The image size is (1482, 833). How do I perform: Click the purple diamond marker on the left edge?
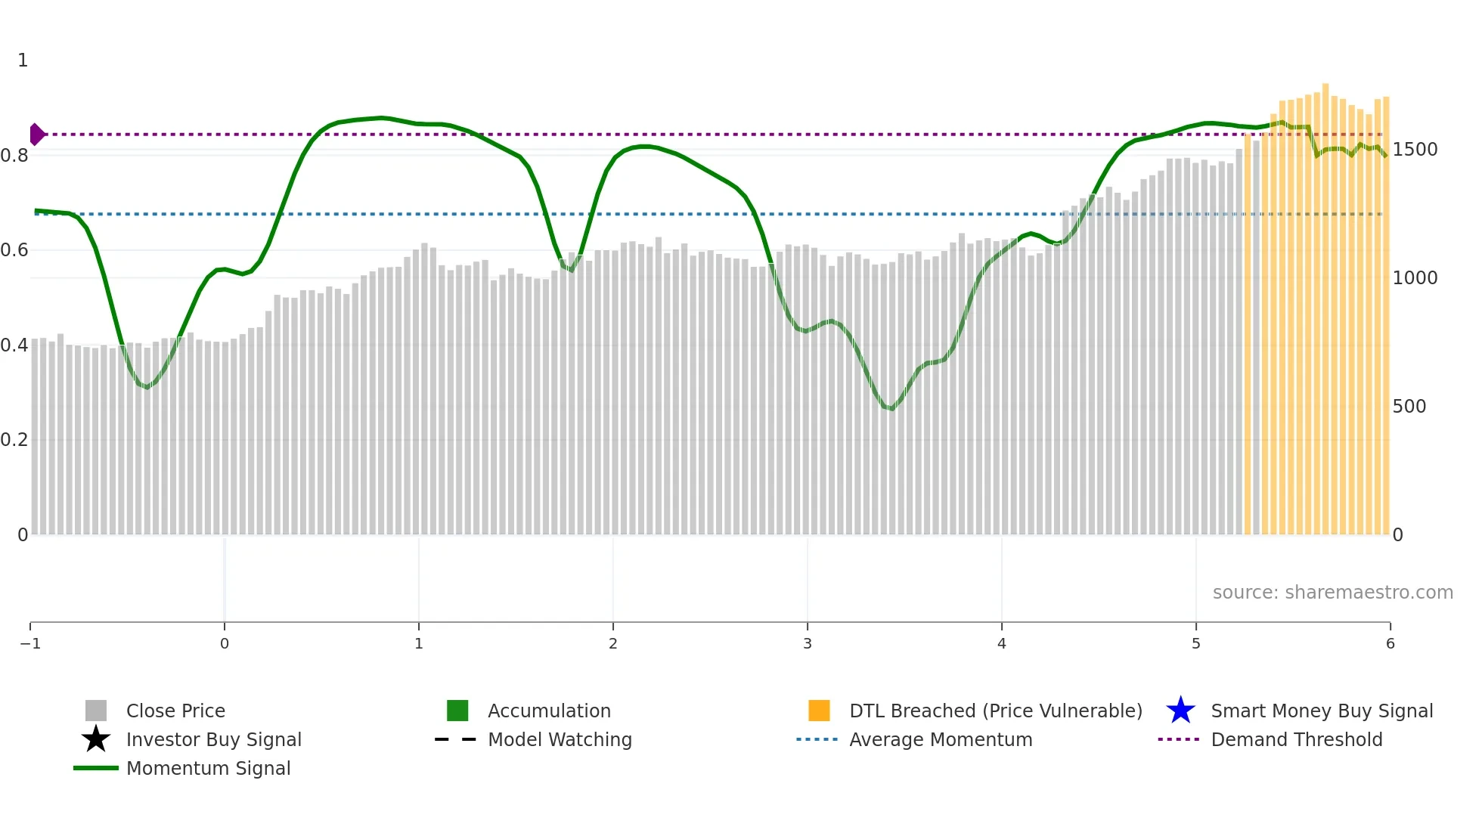pyautogui.click(x=36, y=135)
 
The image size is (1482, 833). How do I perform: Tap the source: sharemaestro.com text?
pyautogui.click(x=1332, y=593)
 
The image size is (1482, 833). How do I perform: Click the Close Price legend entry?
pyautogui.click(x=175, y=711)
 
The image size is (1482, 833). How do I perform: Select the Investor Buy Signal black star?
pyautogui.click(x=96, y=739)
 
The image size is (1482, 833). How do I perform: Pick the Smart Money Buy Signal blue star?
pyautogui.click(x=1180, y=711)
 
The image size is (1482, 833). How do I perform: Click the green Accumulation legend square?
pyautogui.click(x=457, y=711)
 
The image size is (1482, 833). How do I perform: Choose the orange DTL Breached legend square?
pyautogui.click(x=819, y=711)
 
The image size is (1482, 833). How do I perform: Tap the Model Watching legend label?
pyautogui.click(x=560, y=740)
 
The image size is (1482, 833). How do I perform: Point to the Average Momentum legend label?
pyautogui.click(x=941, y=740)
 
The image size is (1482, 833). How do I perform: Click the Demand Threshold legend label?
pyautogui.click(x=1297, y=740)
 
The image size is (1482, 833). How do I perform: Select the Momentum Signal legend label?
pyautogui.click(x=208, y=769)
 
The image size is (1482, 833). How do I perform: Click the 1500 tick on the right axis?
pyautogui.click(x=1415, y=150)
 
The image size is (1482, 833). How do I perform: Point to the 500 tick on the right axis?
pyautogui.click(x=1409, y=407)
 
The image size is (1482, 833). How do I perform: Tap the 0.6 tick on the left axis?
pyautogui.click(x=14, y=250)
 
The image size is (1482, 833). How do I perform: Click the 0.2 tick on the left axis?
pyautogui.click(x=14, y=440)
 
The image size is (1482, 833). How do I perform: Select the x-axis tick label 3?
pyautogui.click(x=808, y=644)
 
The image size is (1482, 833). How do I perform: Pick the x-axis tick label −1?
pyautogui.click(x=30, y=644)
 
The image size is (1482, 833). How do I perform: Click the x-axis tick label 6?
pyautogui.click(x=1390, y=644)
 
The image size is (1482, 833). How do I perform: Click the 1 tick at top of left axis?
pyautogui.click(x=23, y=60)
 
